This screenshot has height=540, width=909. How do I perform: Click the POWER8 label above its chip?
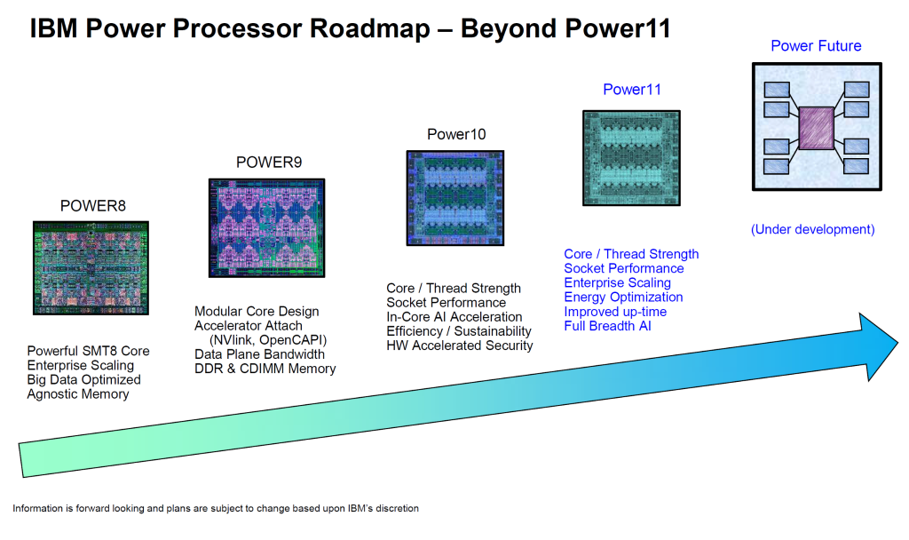tap(93, 206)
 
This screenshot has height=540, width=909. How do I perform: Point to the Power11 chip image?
tap(631, 158)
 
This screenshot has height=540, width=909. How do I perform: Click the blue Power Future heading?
tap(816, 46)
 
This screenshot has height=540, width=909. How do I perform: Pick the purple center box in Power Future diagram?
tap(816, 128)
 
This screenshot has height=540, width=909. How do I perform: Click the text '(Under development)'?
tap(812, 229)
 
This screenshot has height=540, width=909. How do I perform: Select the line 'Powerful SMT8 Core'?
tap(88, 351)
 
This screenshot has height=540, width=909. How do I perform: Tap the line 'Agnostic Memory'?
tap(78, 393)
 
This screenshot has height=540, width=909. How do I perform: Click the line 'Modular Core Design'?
tap(257, 312)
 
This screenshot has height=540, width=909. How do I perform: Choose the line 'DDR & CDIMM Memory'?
tap(265, 369)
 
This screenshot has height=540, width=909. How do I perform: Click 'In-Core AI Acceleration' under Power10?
tap(454, 317)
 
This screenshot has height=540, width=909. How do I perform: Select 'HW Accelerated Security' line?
tap(460, 345)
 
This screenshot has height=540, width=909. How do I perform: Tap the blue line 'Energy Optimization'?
tap(623, 297)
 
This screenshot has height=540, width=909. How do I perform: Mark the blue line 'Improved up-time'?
tap(615, 312)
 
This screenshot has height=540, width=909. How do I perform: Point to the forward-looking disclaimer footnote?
tap(216, 509)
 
